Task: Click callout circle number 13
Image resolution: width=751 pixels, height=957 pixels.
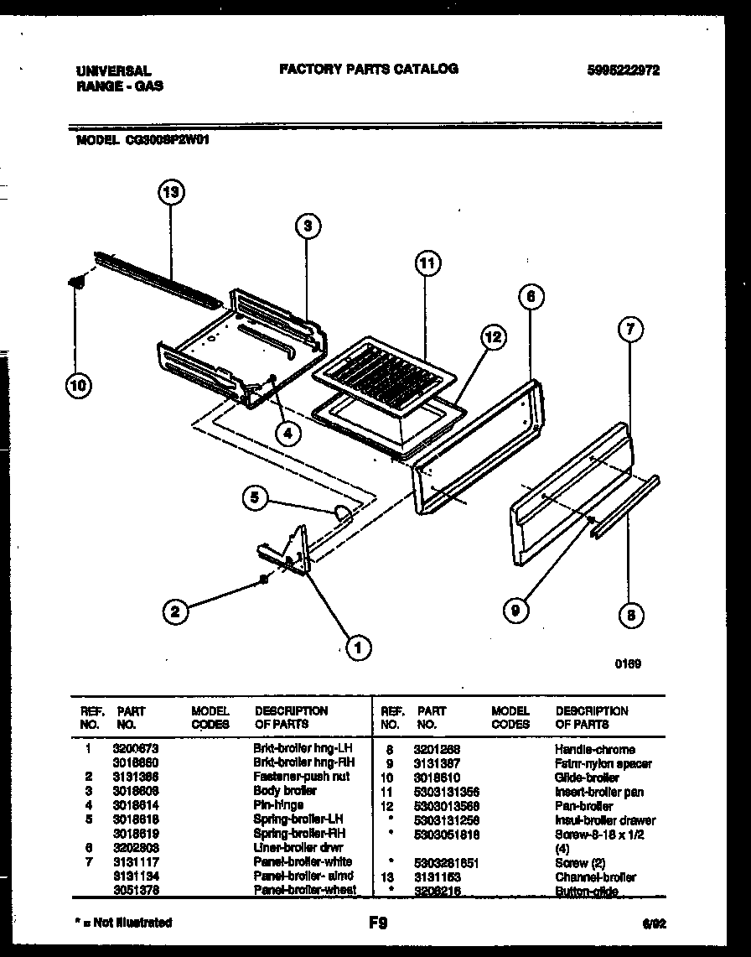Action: (x=172, y=193)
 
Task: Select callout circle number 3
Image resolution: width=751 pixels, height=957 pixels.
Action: (x=308, y=226)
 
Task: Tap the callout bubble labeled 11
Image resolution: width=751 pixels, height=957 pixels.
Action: (x=427, y=263)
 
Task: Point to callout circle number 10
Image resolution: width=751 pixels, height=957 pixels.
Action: (x=78, y=385)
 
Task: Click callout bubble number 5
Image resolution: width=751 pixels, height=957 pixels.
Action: (x=256, y=498)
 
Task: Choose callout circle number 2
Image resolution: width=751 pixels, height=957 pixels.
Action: (x=174, y=611)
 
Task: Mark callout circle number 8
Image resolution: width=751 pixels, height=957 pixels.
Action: (x=630, y=616)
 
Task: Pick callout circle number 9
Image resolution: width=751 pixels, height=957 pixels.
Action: (x=516, y=611)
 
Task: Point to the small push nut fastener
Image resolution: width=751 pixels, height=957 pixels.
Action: (x=263, y=579)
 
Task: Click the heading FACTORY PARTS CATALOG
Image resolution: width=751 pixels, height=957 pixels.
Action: (x=368, y=69)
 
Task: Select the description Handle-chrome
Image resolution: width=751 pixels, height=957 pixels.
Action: (x=594, y=749)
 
